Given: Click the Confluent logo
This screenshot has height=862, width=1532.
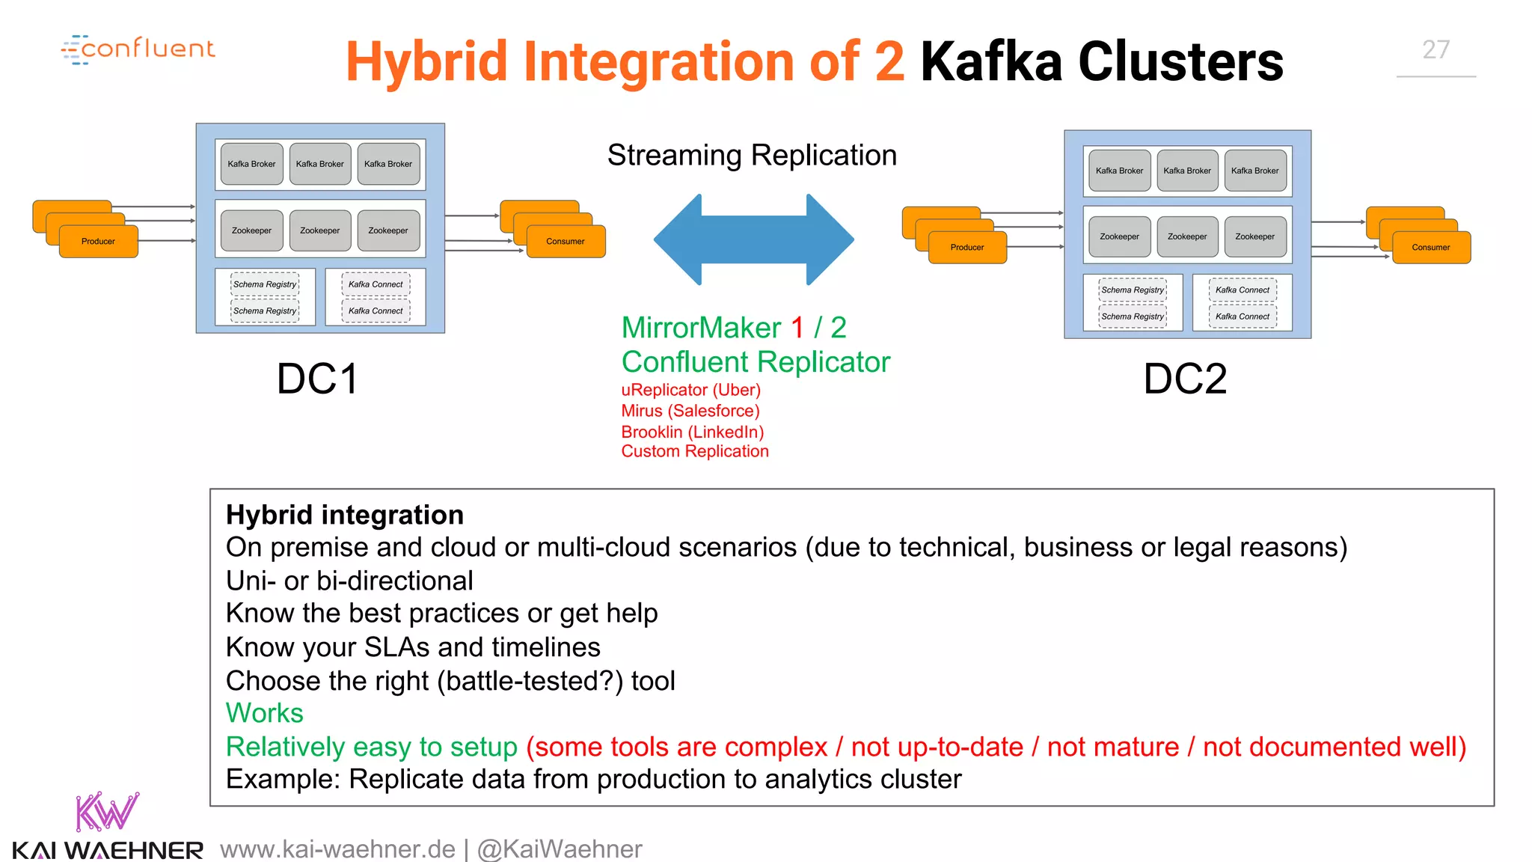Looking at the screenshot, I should click(x=138, y=49).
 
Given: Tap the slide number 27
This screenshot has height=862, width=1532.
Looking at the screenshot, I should click(x=1436, y=50).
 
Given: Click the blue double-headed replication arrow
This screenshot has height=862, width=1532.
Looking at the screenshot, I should click(x=753, y=239).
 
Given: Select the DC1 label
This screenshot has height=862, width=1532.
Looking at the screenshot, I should click(x=317, y=379).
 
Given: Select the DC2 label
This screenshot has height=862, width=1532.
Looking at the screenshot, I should click(x=1185, y=379).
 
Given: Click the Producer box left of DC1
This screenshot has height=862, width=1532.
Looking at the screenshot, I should click(x=98, y=241).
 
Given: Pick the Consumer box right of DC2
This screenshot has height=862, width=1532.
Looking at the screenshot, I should click(x=1430, y=247).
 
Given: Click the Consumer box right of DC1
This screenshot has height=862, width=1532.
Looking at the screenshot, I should click(x=566, y=241).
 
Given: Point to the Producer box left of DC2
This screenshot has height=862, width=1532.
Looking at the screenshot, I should click(x=966, y=247).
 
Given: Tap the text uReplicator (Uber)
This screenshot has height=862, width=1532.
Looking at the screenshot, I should click(x=690, y=390).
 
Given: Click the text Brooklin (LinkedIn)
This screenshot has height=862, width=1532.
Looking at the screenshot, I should click(x=692, y=432).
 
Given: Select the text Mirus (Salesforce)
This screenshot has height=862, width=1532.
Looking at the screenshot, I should click(x=690, y=411).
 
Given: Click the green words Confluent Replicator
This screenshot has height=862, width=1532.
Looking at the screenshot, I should click(x=756, y=362).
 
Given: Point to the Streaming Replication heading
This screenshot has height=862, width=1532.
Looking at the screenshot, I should click(x=752, y=155).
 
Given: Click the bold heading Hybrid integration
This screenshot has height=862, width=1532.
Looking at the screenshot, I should click(x=345, y=515).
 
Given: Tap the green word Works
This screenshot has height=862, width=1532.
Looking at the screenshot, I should click(x=264, y=713).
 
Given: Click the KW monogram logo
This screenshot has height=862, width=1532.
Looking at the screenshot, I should click(x=107, y=812).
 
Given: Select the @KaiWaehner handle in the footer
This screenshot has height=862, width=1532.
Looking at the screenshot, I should click(x=560, y=849).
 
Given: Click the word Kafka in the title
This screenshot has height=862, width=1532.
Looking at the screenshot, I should click(x=991, y=61).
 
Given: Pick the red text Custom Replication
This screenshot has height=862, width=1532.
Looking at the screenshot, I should click(x=694, y=451).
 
